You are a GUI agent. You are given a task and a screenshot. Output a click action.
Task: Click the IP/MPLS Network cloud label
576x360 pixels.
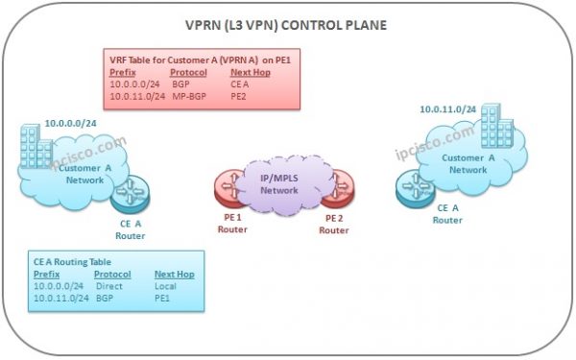coord(285,180)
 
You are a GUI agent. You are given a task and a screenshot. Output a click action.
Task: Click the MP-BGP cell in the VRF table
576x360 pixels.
coord(186,95)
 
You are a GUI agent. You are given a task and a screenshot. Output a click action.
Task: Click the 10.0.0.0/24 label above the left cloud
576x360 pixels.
coord(70,124)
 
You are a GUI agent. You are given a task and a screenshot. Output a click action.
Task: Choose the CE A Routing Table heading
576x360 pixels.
coord(76,262)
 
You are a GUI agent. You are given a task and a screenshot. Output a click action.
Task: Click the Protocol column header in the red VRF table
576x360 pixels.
coord(188,72)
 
